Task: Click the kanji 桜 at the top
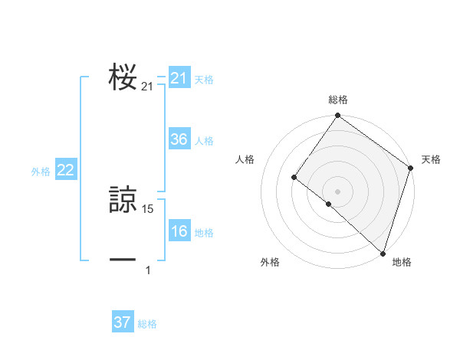123,77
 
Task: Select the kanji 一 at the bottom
123,260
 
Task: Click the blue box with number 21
179,78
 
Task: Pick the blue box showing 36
179,139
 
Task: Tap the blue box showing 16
179,231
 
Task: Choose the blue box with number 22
65,170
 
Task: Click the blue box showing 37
122,322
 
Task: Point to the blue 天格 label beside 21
204,79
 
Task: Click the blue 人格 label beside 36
204,141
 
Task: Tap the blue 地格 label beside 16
204,233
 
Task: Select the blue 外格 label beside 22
41,172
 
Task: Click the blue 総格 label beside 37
147,324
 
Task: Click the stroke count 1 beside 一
148,270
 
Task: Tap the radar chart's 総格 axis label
338,100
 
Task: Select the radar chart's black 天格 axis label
431,159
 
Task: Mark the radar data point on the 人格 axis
294,178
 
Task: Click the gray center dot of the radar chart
338,191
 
